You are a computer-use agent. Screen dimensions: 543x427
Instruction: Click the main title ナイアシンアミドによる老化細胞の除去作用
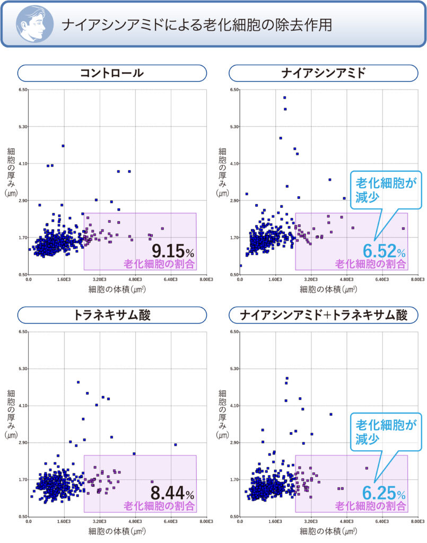196,25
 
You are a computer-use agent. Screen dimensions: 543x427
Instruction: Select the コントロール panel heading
112,73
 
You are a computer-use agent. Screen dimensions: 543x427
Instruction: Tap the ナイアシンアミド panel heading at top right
323,73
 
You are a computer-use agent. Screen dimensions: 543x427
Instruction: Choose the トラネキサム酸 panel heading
112,315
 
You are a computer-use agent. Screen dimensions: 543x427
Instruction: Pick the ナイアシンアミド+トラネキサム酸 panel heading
323,315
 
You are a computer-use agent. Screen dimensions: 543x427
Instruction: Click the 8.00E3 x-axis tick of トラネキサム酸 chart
206,521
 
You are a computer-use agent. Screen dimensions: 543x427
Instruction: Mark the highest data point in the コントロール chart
63,146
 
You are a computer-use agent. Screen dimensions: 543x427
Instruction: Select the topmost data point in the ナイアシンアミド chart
285,98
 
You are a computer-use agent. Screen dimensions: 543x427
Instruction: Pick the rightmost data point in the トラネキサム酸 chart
175,444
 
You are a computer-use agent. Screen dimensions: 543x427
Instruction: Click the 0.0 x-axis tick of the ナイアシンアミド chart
240,279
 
